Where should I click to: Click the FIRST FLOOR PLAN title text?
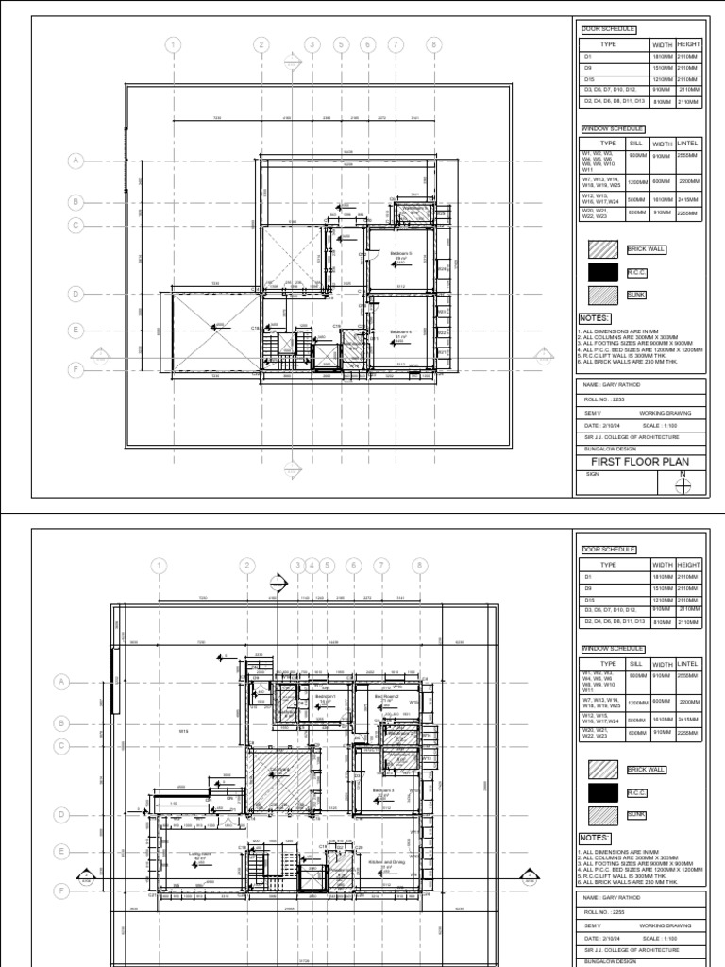640,463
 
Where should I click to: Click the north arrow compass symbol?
683,484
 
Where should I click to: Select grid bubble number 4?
312,565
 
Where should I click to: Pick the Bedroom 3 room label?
383,790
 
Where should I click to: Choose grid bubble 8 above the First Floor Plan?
434,44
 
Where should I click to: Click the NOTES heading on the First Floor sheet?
595,318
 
